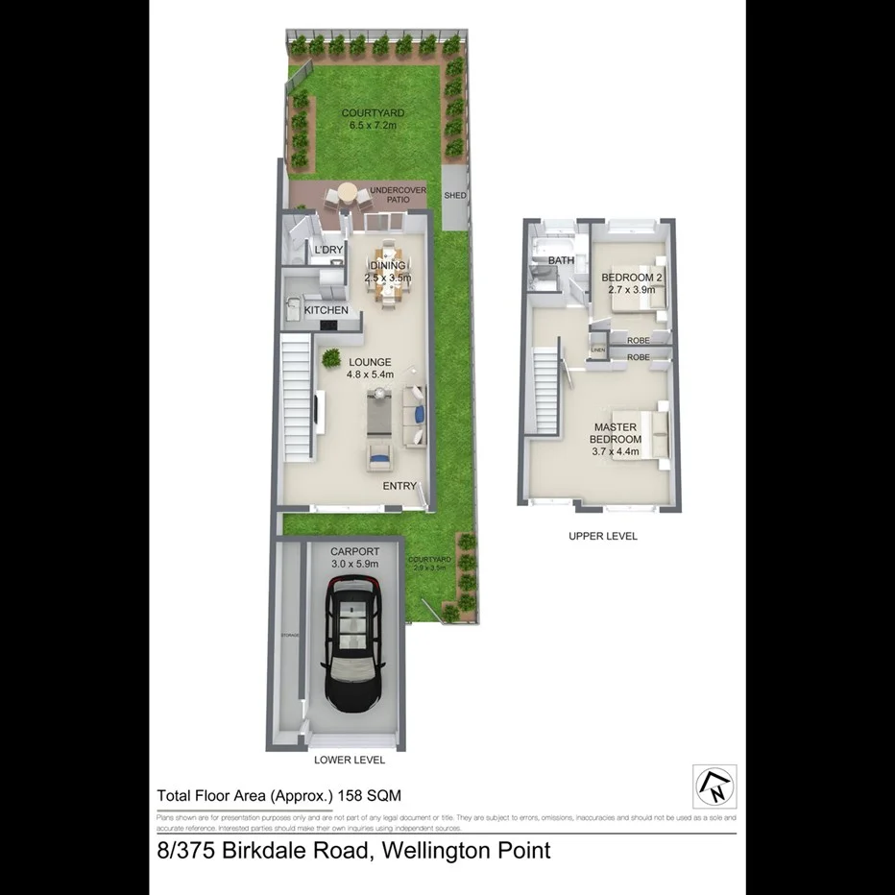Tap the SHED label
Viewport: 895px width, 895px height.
coord(455,196)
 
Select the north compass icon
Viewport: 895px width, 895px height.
coord(714,786)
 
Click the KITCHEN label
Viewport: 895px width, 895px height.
coord(326,311)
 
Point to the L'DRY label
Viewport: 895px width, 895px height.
coord(328,251)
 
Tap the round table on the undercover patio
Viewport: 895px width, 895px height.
coord(346,195)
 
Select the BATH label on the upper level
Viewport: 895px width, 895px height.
coord(561,261)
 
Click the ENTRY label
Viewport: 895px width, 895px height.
coord(399,486)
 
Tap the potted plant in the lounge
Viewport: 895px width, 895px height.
coord(331,359)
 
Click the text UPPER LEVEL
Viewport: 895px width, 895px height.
coord(602,536)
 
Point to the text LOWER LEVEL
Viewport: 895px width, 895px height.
coord(350,760)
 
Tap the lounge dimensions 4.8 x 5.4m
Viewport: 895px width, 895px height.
coord(371,375)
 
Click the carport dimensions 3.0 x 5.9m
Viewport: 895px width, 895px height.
coord(354,565)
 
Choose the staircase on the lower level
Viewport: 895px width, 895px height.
coord(299,397)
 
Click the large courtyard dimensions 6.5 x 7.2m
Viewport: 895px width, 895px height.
coord(374,126)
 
